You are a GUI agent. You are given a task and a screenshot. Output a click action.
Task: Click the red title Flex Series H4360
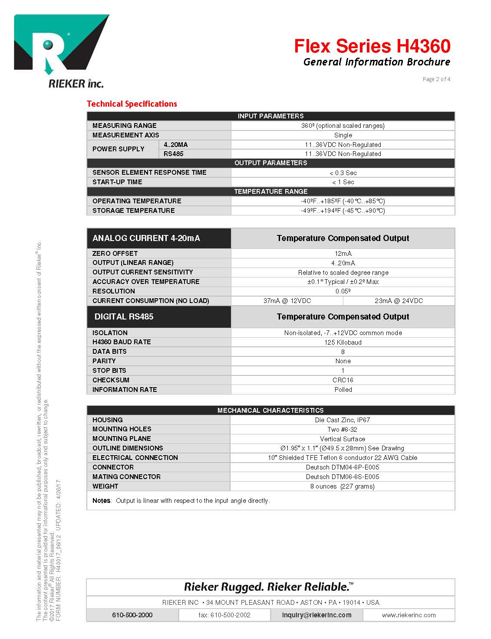(x=372, y=46)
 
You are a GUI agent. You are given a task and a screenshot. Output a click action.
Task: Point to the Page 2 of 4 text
(x=436, y=79)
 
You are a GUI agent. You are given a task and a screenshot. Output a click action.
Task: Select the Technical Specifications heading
(x=132, y=104)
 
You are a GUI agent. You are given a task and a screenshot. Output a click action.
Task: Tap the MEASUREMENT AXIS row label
(x=125, y=135)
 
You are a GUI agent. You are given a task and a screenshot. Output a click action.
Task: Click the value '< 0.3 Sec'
(x=343, y=173)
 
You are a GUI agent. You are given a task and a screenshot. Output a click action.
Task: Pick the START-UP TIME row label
(x=117, y=182)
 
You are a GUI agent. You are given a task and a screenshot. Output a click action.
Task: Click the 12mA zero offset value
(x=343, y=254)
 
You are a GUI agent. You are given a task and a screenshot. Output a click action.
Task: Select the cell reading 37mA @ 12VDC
(x=287, y=301)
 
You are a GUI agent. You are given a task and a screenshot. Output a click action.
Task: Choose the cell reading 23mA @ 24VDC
(x=399, y=301)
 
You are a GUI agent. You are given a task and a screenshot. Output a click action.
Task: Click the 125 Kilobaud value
(x=343, y=342)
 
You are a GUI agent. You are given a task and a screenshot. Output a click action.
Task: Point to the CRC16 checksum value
(x=343, y=380)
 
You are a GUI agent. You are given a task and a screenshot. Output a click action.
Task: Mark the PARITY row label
(x=104, y=361)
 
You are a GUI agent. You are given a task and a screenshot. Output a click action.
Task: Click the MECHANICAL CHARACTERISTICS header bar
(x=270, y=410)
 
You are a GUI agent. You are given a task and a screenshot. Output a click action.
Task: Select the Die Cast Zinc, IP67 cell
(x=342, y=420)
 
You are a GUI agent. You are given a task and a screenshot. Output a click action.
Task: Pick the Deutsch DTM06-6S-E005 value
(x=342, y=477)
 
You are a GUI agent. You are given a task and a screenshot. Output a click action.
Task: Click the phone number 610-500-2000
(x=132, y=615)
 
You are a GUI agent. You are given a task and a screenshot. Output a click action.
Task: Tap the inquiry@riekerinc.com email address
(x=316, y=615)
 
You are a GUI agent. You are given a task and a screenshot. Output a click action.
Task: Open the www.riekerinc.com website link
(x=409, y=615)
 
